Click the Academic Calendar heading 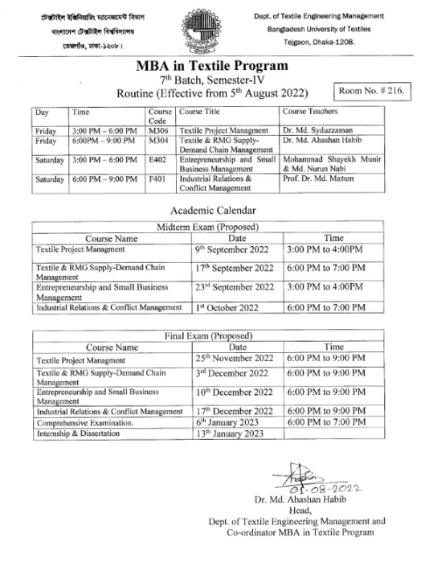coord(214,211)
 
